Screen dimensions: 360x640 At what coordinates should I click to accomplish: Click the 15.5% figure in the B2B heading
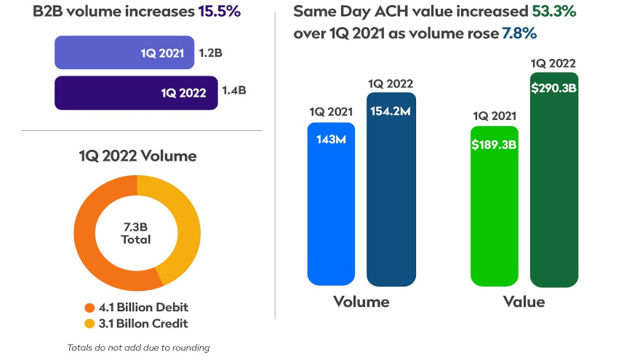(220, 12)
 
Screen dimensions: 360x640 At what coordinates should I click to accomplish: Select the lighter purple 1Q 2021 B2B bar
(124, 52)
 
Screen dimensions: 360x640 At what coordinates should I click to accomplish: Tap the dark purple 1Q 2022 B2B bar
(136, 92)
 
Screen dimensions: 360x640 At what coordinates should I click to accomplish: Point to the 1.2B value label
(212, 52)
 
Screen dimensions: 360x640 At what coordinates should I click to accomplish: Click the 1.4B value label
(234, 92)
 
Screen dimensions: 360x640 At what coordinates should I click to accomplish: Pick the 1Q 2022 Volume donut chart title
(137, 155)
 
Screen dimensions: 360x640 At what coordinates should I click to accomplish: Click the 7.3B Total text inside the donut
(137, 233)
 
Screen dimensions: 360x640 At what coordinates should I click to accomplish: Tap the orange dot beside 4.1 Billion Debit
(90, 308)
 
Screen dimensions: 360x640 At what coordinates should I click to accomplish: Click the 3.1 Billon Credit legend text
(143, 324)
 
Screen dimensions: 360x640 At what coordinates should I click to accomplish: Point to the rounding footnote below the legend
(138, 348)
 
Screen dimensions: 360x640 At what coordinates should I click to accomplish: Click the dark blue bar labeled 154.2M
(391, 196)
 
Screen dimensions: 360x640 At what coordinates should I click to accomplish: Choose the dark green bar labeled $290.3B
(554, 189)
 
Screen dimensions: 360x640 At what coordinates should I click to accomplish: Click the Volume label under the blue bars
(361, 301)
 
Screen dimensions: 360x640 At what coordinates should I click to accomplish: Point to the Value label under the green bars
(524, 301)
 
